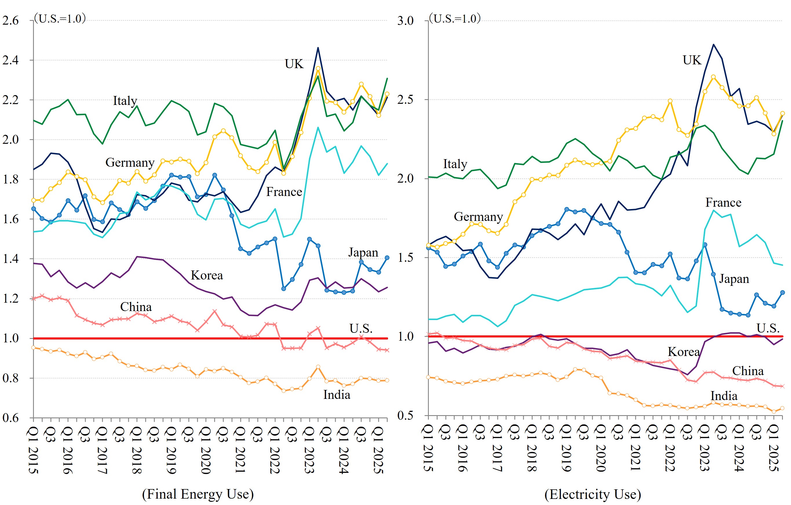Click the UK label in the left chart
294,64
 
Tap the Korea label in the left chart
207,275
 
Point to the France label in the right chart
723,202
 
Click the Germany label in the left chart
130,162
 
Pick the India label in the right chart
724,396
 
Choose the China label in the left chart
136,307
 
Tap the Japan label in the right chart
734,279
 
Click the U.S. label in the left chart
361,328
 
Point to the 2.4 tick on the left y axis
10,60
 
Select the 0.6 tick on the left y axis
10,418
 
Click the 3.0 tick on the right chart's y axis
405,21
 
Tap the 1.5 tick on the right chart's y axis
405,258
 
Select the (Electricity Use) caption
593,494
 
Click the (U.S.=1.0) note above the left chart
60,18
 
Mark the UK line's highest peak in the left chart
318,48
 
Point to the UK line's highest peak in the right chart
713,44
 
